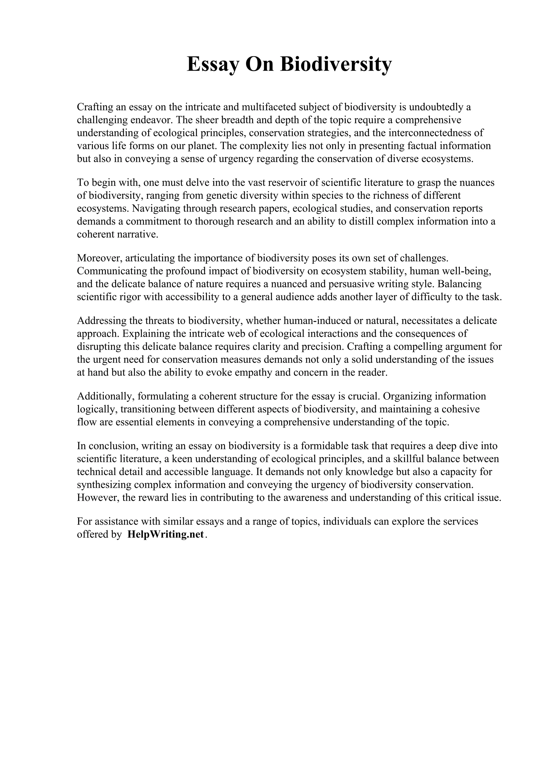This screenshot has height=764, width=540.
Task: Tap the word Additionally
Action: tap(105, 396)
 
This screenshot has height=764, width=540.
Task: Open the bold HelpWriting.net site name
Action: tap(165, 534)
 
